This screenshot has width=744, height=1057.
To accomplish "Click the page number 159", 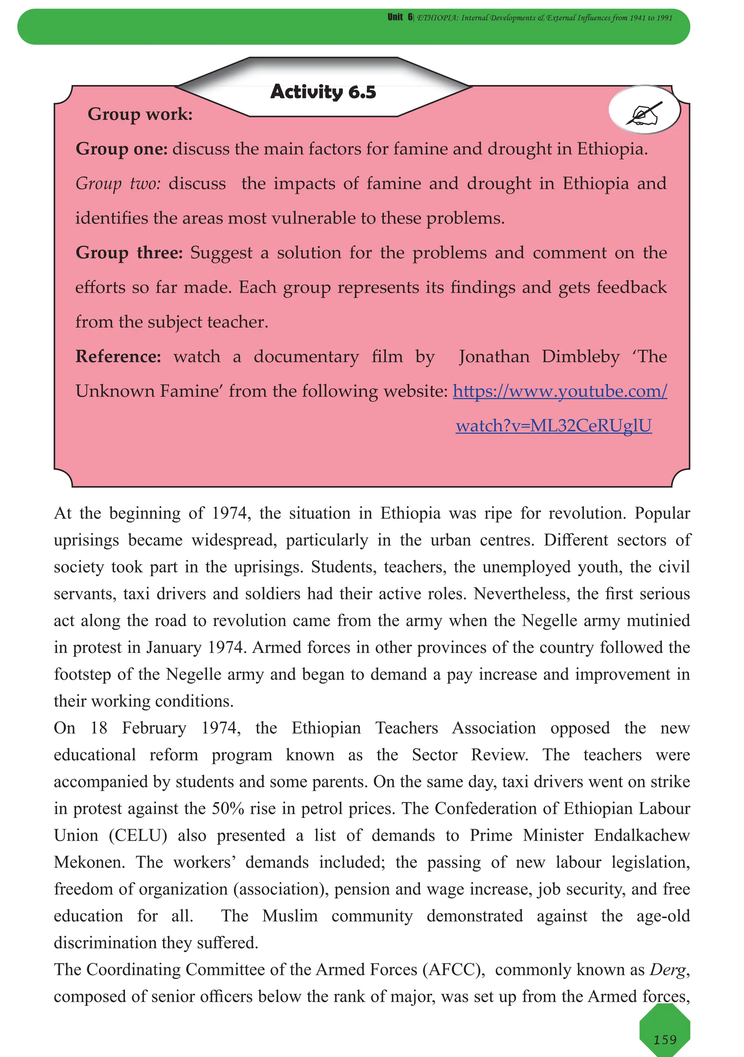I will pos(665,1040).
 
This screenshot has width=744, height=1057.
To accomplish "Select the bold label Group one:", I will pos(122,149).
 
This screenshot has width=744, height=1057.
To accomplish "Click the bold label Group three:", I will pos(129,253).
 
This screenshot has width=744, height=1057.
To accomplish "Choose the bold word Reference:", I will pos(118,357).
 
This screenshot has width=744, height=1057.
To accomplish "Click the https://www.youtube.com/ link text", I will pos(559,391).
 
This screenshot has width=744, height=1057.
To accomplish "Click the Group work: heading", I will pos(140,114).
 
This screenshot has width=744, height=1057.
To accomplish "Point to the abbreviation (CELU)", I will pos(138,835).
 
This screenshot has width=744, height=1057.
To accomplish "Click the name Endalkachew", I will pos(641,835).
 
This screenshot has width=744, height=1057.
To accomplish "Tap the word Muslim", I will pos(290,916).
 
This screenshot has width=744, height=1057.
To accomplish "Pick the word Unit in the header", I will pos(395,17).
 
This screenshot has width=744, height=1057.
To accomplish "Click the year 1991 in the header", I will pos(664,18).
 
